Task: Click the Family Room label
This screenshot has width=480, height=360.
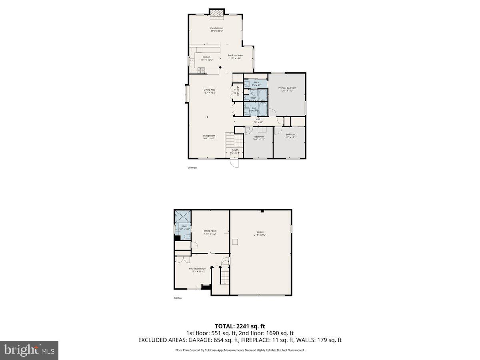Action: pos(217,28)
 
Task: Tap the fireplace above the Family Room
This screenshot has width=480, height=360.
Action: pos(217,14)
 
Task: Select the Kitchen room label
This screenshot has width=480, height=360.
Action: pos(206,57)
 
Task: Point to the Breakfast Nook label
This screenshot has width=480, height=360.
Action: pos(235,56)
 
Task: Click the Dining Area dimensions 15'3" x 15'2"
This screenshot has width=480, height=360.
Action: pos(210,93)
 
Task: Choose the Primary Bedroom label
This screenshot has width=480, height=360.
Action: pos(287,88)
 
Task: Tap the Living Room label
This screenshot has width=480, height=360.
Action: pos(209,136)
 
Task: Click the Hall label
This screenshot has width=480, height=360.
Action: pos(258,119)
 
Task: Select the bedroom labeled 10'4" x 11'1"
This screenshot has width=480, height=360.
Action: pos(259,138)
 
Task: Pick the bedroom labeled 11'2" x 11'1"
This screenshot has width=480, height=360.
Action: pos(290,136)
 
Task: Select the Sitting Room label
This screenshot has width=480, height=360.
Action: pos(210,231)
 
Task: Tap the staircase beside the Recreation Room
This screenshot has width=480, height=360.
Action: pos(224,276)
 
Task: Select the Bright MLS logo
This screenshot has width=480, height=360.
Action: pos(29,350)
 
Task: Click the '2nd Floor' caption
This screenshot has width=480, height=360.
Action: pos(192,168)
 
